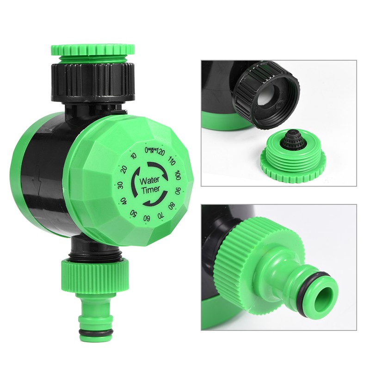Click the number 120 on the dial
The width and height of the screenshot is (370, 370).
click(x=160, y=151)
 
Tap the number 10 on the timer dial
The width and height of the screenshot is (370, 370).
click(x=134, y=156)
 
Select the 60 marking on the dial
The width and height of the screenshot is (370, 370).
click(x=147, y=217)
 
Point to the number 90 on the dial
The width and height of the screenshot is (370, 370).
click(x=178, y=190)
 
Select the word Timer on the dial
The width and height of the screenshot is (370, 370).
click(x=151, y=189)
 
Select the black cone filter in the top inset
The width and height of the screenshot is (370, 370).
click(x=290, y=138)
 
